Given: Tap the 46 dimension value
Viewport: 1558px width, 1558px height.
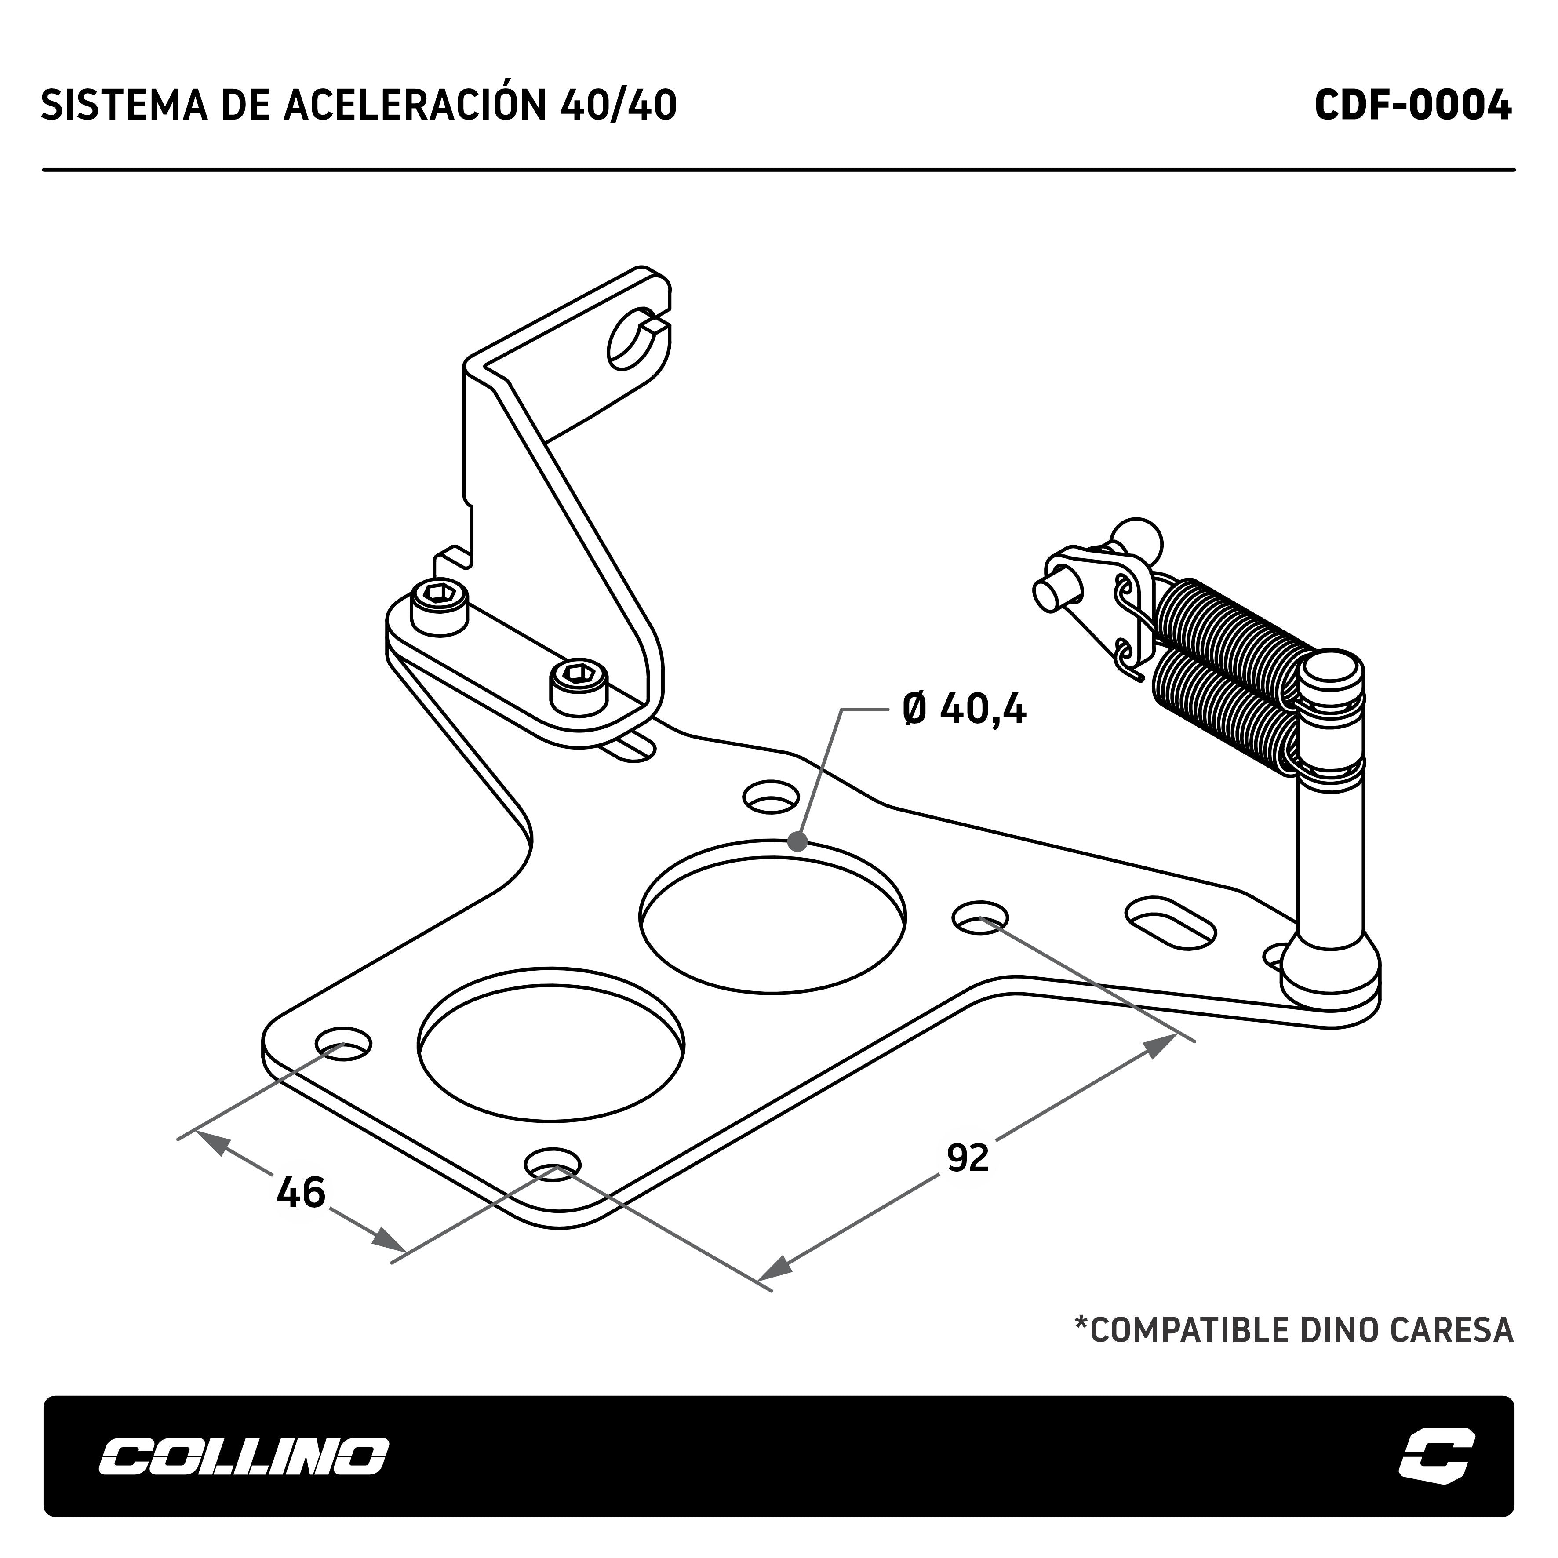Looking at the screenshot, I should point(301,1192).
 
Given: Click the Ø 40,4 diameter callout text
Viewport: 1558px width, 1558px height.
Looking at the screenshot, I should point(965,710).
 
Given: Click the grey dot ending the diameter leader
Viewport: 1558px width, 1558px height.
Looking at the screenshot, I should point(797,842).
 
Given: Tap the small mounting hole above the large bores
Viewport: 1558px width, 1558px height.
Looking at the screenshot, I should point(770,797).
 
